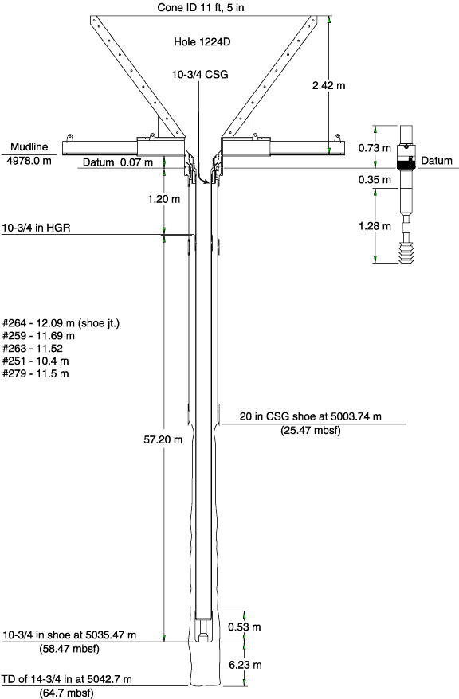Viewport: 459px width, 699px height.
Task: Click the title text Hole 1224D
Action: coord(202,42)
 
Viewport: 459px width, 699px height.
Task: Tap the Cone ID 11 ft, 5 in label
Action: coord(201,8)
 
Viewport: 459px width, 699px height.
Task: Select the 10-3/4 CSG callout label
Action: coord(200,75)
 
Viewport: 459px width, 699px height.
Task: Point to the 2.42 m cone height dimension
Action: coord(329,85)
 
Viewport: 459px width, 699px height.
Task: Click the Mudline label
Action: coord(29,146)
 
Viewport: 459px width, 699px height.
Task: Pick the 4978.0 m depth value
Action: coord(29,160)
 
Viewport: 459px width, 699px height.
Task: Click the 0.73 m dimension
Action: coord(375,148)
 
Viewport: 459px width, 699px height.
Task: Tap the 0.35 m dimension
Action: coord(375,180)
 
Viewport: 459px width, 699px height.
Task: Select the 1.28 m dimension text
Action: coord(375,226)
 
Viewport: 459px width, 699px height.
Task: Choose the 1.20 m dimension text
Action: coord(164,199)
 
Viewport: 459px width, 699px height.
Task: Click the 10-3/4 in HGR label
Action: coord(36,228)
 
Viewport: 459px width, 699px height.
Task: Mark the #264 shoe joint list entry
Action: coord(61,322)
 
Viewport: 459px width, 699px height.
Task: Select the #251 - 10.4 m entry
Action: coord(36,361)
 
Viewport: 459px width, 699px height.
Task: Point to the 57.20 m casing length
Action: coord(163,439)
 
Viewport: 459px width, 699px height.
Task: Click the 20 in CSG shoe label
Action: coord(311,416)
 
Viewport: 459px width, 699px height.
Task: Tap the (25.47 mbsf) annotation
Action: coord(311,430)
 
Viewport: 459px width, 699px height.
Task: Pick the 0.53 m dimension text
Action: coord(245,627)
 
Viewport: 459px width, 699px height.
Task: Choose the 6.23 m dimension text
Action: coord(245,665)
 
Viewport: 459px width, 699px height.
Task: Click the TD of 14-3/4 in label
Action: coord(67,679)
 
